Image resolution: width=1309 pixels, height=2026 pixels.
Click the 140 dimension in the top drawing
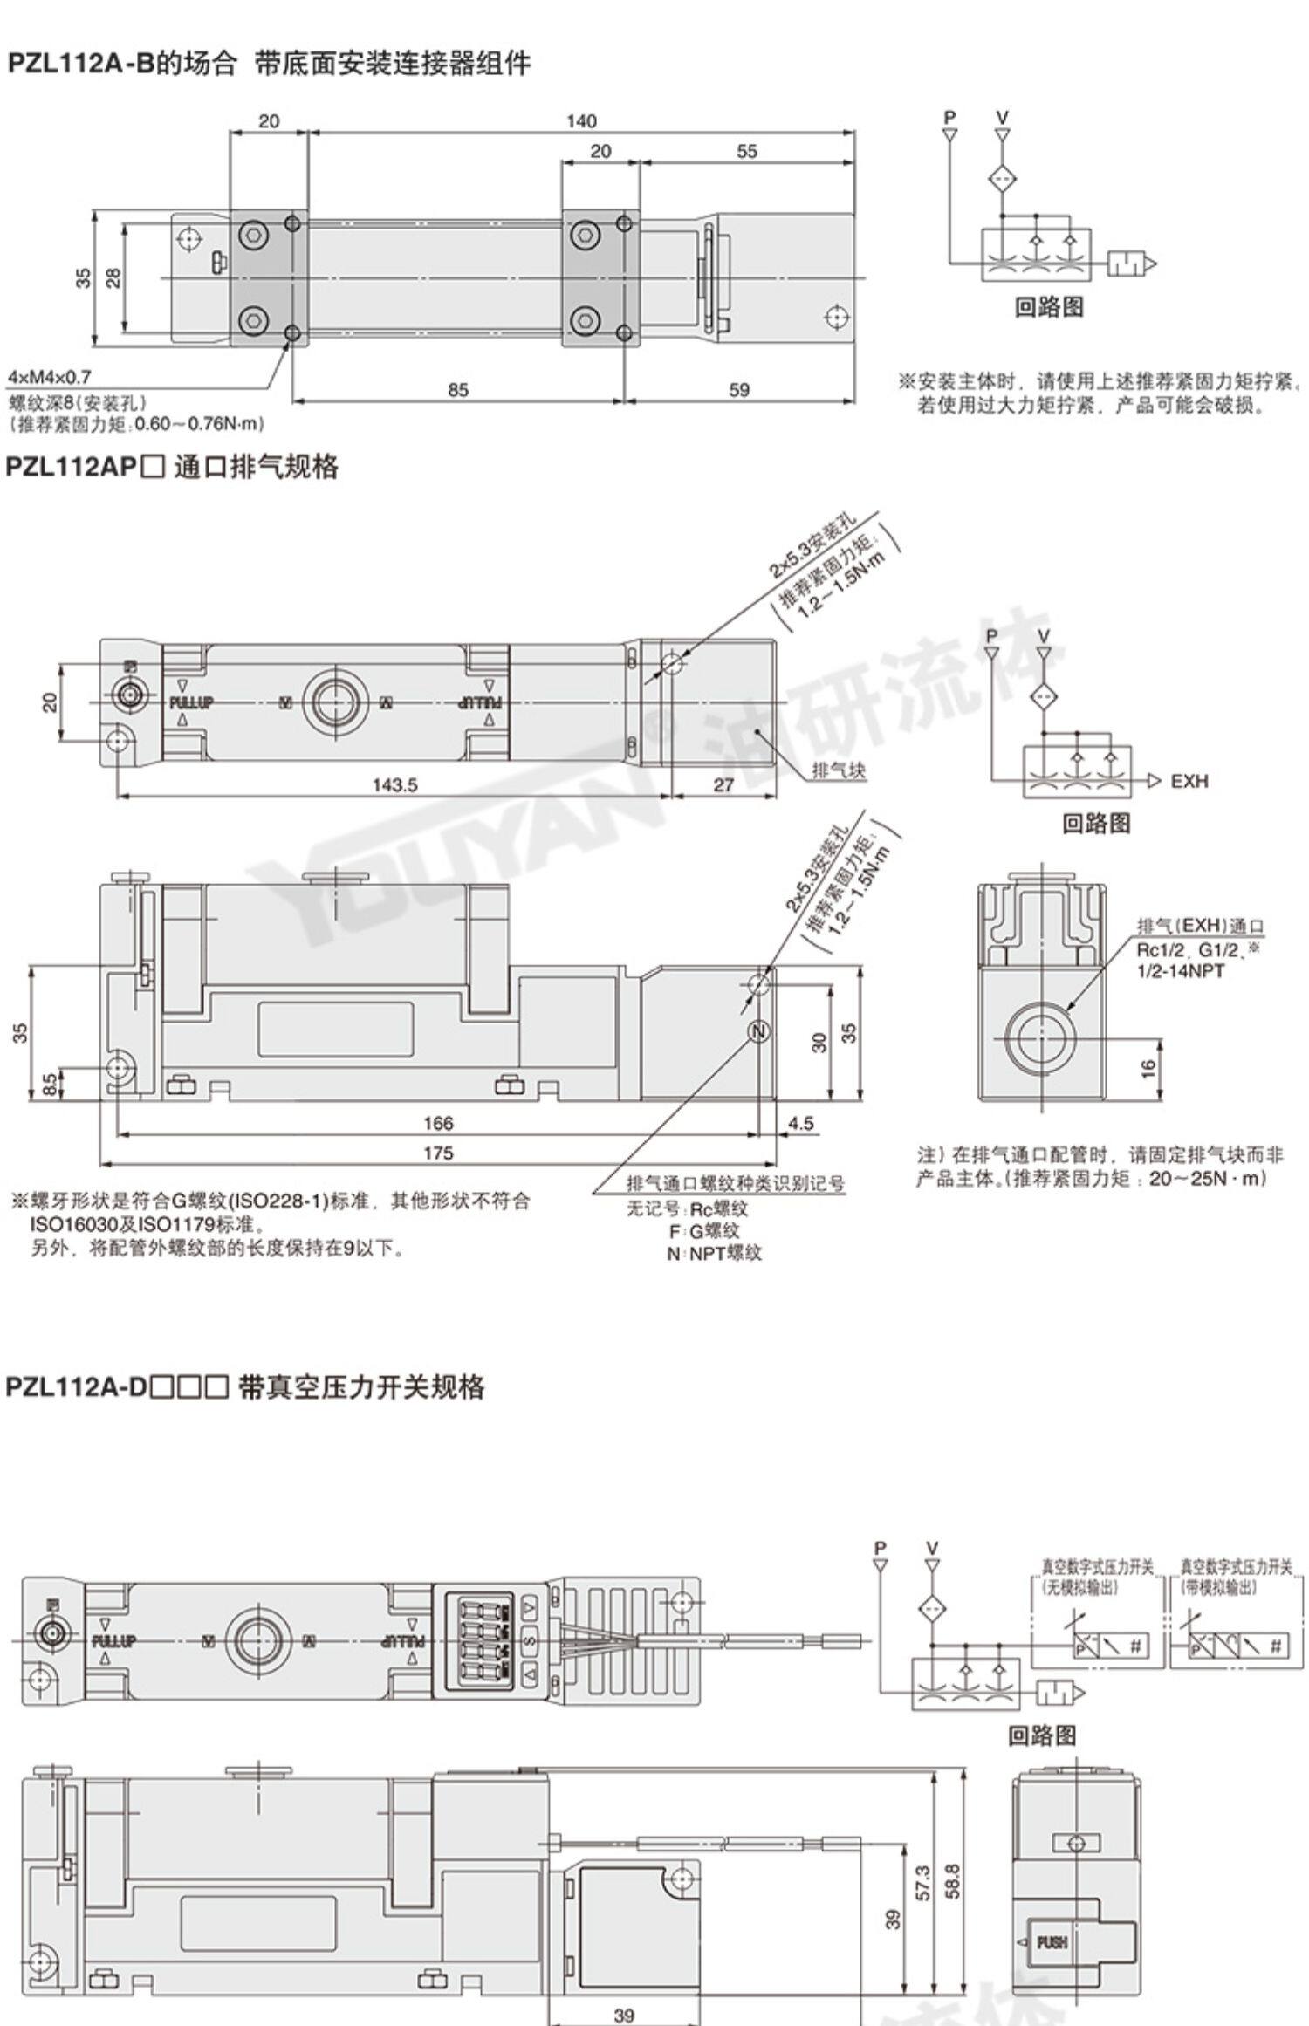point(581,121)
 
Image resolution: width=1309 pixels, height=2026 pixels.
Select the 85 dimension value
point(458,390)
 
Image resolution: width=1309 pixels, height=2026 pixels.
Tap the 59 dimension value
point(738,390)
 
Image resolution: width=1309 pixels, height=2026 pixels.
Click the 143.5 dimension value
point(394,785)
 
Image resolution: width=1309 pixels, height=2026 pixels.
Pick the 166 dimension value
point(437,1123)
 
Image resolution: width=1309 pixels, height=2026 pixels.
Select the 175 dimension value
point(437,1153)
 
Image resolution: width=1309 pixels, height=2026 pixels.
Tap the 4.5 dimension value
point(800,1123)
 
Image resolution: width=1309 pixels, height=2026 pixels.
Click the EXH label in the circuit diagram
point(1189,781)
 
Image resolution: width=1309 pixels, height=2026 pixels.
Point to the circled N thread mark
point(759,1031)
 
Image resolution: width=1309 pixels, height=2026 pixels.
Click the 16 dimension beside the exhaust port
point(1148,1067)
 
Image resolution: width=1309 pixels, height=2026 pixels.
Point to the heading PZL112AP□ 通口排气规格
point(172,468)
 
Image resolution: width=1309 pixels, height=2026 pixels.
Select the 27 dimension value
point(723,785)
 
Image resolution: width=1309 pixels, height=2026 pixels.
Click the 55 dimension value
point(747,152)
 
